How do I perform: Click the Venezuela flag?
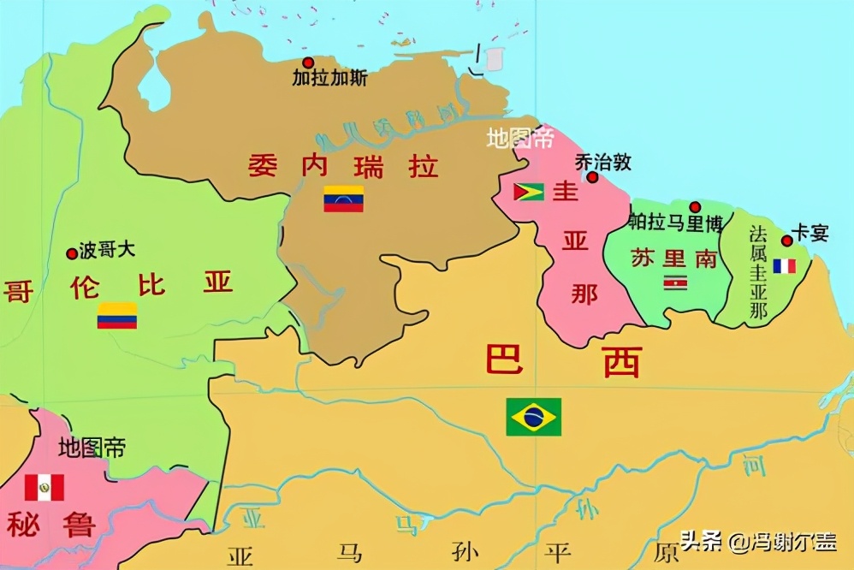pyautogui.click(x=343, y=199)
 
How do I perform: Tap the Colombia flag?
pyautogui.click(x=117, y=316)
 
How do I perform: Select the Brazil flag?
pyautogui.click(x=533, y=417)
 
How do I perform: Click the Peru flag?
pyautogui.click(x=44, y=487)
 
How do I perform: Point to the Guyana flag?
pyautogui.click(x=528, y=191)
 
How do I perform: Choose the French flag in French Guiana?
pyautogui.click(x=784, y=266)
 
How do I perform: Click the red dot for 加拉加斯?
pyautogui.click(x=308, y=62)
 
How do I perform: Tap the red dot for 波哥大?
pyautogui.click(x=71, y=253)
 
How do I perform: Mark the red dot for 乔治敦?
pyautogui.click(x=592, y=177)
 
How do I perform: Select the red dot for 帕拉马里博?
pyautogui.click(x=695, y=207)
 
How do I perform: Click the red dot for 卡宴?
pyautogui.click(x=786, y=240)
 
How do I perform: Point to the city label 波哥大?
pyautogui.click(x=107, y=251)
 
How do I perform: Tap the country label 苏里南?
pyautogui.click(x=674, y=258)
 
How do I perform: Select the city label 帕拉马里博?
pyautogui.click(x=675, y=224)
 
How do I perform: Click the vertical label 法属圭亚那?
pyautogui.click(x=757, y=273)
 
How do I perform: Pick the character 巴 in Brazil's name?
pyautogui.click(x=505, y=360)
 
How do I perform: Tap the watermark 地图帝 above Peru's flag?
pyautogui.click(x=92, y=447)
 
